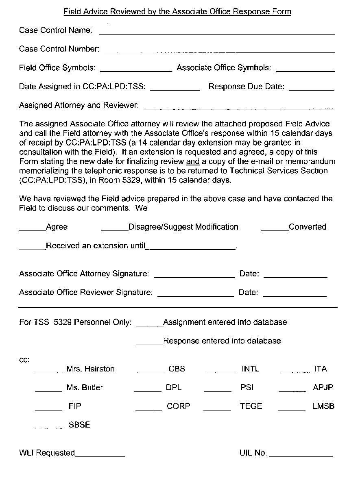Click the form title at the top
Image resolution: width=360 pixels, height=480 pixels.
(x=177, y=11)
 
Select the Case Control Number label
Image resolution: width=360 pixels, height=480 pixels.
(x=59, y=49)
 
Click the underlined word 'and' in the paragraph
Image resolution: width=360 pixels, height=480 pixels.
(x=192, y=161)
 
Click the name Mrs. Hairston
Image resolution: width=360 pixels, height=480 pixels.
(x=90, y=369)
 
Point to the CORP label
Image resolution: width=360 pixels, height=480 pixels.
(x=178, y=406)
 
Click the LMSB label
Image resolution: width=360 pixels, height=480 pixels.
(x=323, y=406)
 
